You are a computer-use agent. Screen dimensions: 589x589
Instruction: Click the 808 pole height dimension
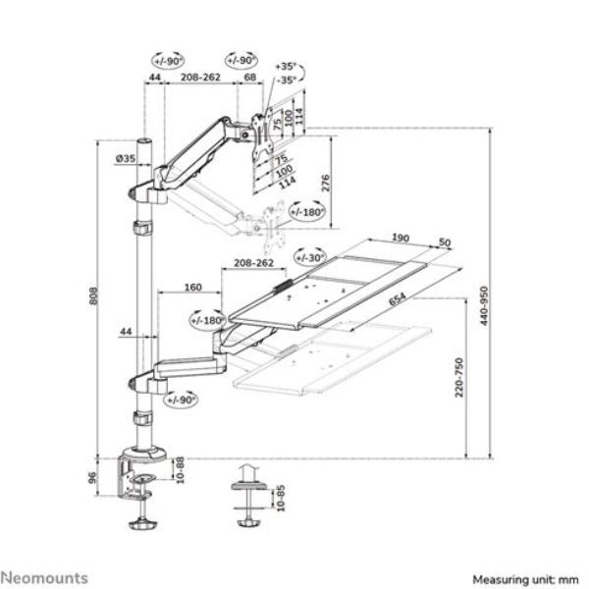(x=95, y=297)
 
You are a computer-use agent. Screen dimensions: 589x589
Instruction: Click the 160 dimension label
(x=192, y=289)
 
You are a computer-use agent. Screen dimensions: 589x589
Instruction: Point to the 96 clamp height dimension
(x=95, y=481)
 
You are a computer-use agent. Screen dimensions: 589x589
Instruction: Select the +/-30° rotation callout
(x=310, y=257)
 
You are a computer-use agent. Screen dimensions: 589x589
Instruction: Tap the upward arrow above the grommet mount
(x=247, y=473)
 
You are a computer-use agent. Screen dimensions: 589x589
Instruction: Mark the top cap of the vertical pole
(x=144, y=143)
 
